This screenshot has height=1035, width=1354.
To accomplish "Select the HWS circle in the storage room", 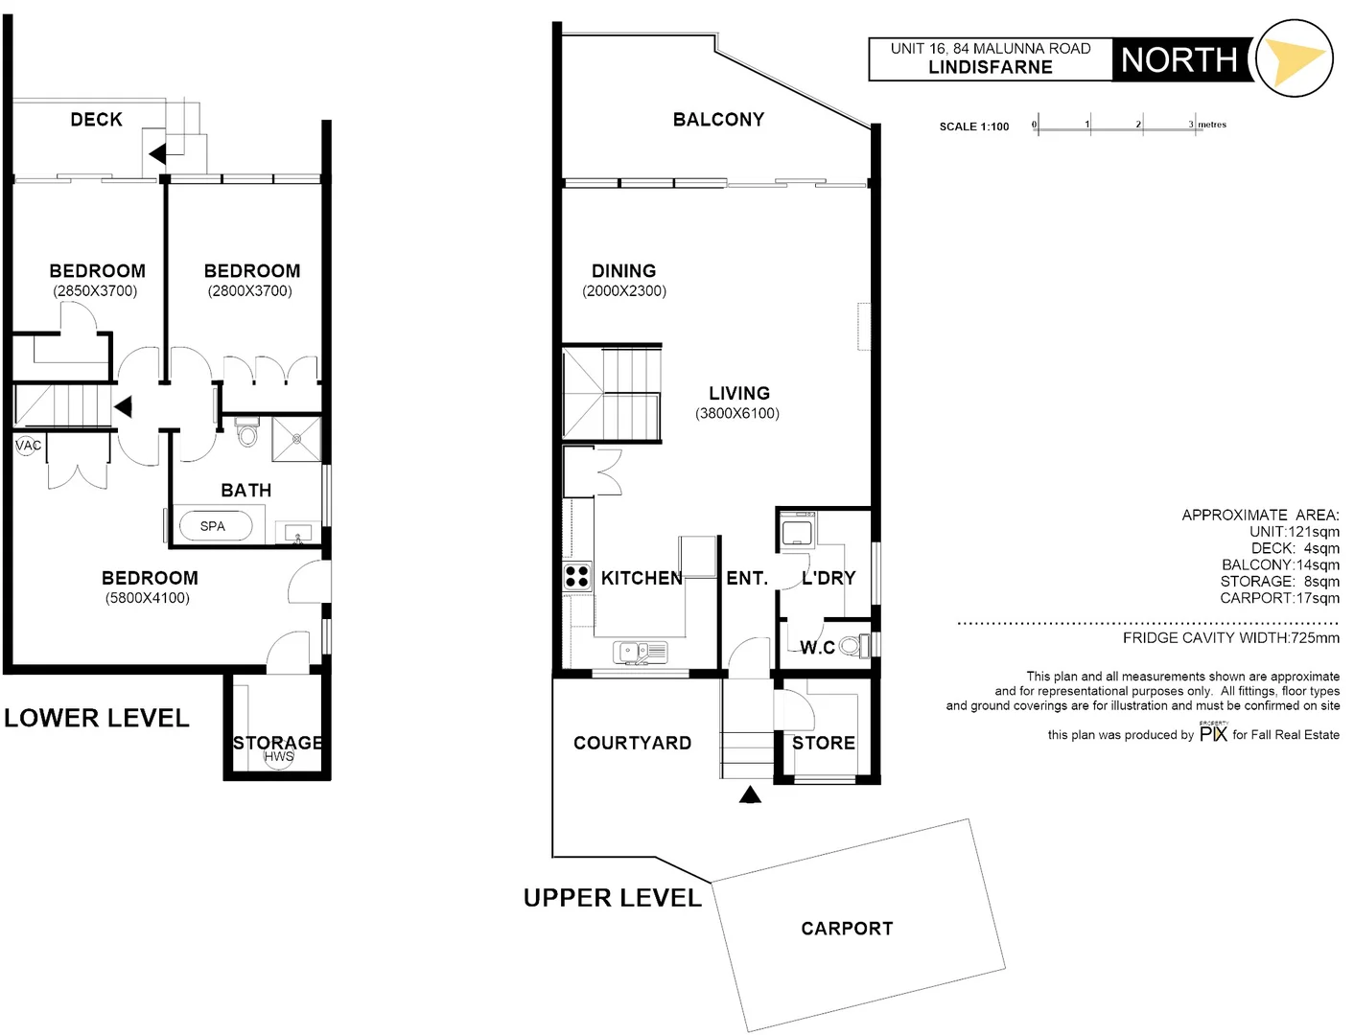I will coord(279,757).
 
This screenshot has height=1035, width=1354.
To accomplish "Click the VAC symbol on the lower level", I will coord(28,445).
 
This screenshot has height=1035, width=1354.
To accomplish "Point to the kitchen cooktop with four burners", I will coord(576,576).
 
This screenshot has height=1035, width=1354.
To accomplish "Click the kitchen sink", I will coord(640,653).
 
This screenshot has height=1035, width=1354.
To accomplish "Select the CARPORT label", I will coord(847,929).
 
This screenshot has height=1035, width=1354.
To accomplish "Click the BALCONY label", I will coord(718,120).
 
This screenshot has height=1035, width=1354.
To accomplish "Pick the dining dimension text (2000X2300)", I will coord(624,291).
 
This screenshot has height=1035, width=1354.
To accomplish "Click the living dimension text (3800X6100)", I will coord(737,414).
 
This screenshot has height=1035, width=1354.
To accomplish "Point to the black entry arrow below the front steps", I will coord(750,793).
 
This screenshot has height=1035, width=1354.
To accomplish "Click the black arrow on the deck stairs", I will coord(157,154).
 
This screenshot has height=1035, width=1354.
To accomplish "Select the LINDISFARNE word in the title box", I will coord(990,67).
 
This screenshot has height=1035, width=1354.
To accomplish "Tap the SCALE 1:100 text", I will coord(973,126).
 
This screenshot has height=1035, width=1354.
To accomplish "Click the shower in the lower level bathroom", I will coord(296,439).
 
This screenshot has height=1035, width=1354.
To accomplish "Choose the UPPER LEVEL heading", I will coord(612,898).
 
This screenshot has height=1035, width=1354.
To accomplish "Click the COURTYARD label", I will coord(632,743).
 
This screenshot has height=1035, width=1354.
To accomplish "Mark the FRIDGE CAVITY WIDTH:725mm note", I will coord(1230,638).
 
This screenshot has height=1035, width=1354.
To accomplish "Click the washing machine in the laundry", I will coord(797,529).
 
